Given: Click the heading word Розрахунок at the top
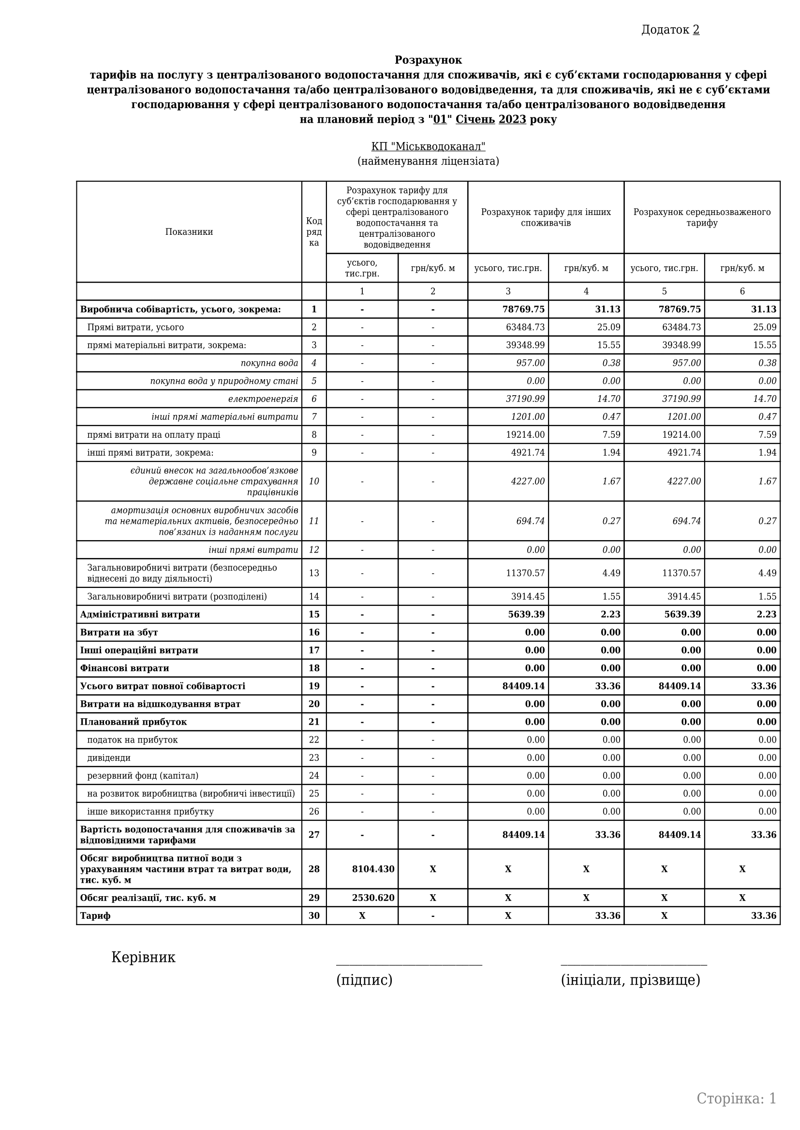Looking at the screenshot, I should point(428,60).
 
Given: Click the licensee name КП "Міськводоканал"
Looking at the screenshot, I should point(428,147).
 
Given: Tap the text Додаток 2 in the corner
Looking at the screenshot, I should point(670,30).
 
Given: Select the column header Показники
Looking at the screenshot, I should point(189,232).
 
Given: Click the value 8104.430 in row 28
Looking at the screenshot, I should point(373,869).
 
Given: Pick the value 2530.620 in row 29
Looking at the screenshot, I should point(373,898).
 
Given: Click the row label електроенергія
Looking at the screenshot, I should point(263,399).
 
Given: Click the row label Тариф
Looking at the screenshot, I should point(96,916).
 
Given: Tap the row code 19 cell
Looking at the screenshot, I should point(314,687).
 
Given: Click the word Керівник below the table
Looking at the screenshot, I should point(143,957).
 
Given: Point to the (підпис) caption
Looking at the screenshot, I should point(364,980).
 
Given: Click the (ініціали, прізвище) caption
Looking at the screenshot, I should point(630,980).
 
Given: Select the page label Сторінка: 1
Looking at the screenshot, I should point(736,1099).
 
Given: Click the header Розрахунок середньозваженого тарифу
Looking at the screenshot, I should point(701,217).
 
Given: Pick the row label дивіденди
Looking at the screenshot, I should point(109,758).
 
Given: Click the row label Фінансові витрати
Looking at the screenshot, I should point(125,668).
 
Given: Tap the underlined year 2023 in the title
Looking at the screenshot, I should point(512,120).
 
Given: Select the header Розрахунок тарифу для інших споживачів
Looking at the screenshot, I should point(545,217).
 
